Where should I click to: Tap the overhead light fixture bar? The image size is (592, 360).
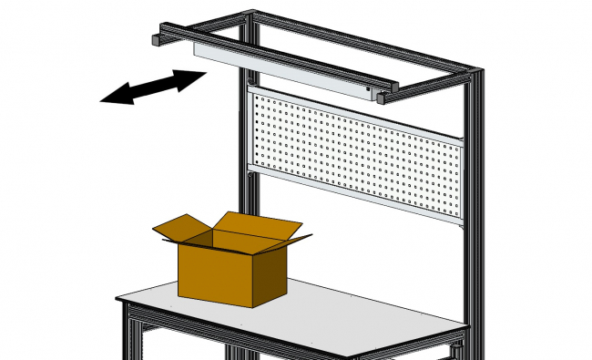pyautogui.click(x=282, y=69)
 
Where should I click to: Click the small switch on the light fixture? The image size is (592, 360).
pyautogui.click(x=367, y=89)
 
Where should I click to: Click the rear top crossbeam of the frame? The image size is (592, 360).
pyautogui.click(x=364, y=41)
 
